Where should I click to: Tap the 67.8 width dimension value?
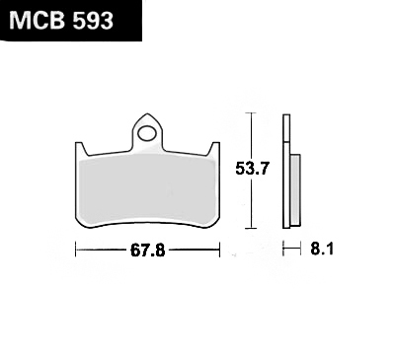147,251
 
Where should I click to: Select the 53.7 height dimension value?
253,170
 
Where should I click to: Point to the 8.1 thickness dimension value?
322,250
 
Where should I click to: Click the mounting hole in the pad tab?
147,133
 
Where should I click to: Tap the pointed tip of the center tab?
147,113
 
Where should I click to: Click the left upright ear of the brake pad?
80,150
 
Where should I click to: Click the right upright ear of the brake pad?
214,149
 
